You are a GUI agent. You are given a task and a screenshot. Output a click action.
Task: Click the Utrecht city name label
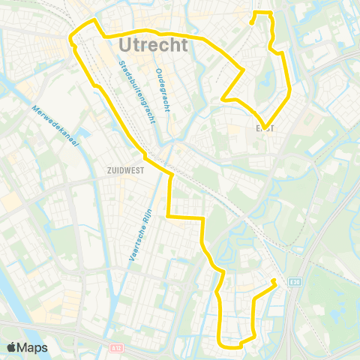point(153,46)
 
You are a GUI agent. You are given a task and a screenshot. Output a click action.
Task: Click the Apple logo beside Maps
point(11,347)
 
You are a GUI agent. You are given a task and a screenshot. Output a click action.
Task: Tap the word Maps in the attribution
point(33,347)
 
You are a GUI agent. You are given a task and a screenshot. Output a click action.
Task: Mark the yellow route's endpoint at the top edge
point(252,22)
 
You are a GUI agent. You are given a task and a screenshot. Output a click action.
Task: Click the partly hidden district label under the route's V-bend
point(265,128)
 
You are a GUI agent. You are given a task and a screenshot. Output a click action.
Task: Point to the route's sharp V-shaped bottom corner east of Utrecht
point(263,126)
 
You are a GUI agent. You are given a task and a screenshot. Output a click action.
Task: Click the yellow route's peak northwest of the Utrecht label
point(93,21)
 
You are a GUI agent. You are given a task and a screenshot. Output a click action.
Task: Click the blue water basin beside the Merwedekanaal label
point(82,136)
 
